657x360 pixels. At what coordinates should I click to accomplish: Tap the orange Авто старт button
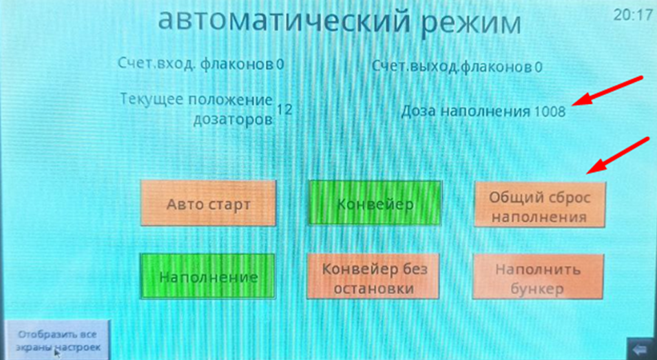pyautogui.click(x=208, y=204)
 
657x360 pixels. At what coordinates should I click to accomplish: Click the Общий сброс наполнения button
pyautogui.click(x=539, y=206)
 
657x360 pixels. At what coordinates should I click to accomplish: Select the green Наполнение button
pyautogui.click(x=208, y=277)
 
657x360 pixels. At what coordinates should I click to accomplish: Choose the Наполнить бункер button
pyautogui.click(x=539, y=277)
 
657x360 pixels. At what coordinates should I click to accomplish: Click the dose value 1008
pyautogui.click(x=549, y=111)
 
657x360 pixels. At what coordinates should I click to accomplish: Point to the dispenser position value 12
pyautogui.click(x=284, y=109)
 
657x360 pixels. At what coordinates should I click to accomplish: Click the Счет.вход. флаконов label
pyautogui.click(x=196, y=65)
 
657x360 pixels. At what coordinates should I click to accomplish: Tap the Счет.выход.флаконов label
pyautogui.click(x=451, y=67)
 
